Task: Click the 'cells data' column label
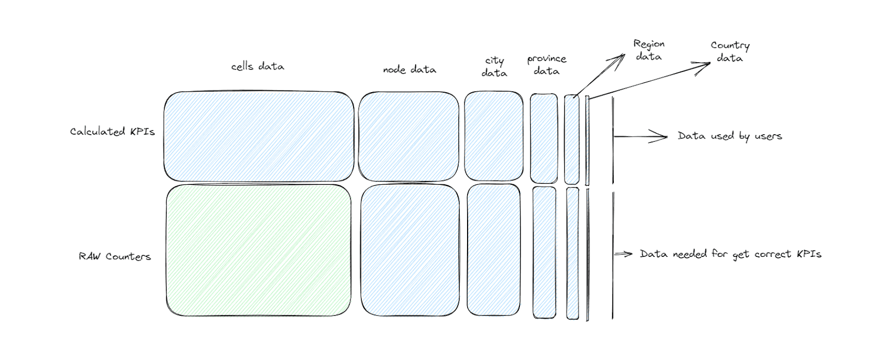tap(258, 67)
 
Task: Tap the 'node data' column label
tap(410, 69)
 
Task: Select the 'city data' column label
tap(494, 67)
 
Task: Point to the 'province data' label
tap(547, 65)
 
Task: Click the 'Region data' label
tap(649, 50)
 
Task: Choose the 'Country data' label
tap(730, 52)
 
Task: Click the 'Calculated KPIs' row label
tap(112, 131)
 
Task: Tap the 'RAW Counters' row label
tap(115, 256)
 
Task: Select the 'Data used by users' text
tap(730, 136)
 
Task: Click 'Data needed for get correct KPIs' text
tap(731, 254)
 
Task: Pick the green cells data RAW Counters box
tap(259, 250)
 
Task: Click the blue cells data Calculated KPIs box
tap(259, 136)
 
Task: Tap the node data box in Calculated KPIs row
tap(409, 136)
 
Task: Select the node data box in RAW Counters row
tap(410, 250)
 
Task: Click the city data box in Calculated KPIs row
tap(494, 136)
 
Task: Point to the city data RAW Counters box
tap(494, 250)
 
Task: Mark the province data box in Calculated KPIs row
tap(544, 139)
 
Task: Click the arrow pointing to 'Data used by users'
tap(641, 136)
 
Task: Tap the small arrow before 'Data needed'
tap(623, 254)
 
